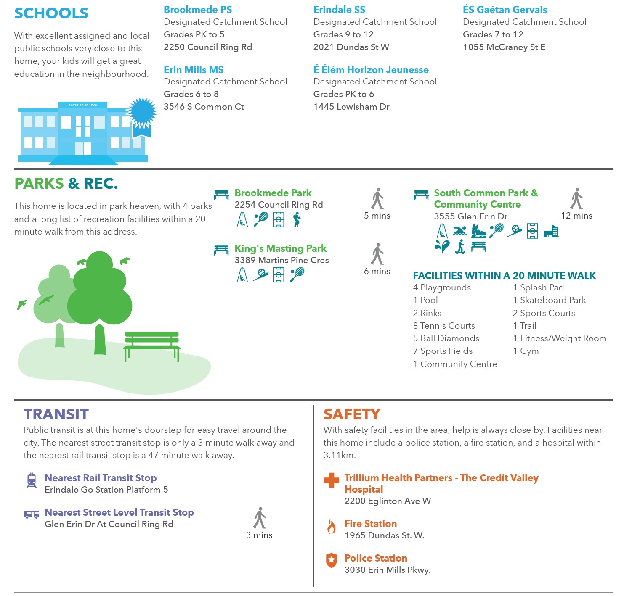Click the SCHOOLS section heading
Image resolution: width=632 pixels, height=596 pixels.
click(x=51, y=13)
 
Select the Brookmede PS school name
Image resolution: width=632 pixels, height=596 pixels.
click(x=198, y=10)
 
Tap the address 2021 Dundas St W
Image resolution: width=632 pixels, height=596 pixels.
click(x=351, y=47)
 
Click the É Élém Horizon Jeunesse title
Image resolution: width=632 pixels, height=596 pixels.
click(x=371, y=70)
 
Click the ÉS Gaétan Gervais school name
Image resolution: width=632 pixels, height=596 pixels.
click(x=505, y=10)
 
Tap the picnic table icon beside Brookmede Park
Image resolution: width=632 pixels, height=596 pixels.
click(x=221, y=194)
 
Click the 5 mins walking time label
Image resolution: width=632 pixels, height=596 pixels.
click(x=377, y=216)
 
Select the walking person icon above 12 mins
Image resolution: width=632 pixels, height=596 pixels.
click(x=576, y=199)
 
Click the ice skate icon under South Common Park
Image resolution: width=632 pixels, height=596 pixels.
click(x=478, y=231)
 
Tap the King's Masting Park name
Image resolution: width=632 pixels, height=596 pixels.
click(x=280, y=248)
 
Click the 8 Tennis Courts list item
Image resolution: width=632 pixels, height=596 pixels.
click(x=444, y=326)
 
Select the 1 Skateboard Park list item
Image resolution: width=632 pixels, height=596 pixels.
click(x=549, y=300)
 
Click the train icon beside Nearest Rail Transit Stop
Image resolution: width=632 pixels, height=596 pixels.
click(x=32, y=480)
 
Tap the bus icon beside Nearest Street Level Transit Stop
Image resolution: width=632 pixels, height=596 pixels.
click(x=32, y=514)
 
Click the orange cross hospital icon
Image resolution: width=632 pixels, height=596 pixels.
click(x=331, y=480)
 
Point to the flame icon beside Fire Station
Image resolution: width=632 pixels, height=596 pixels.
click(x=332, y=526)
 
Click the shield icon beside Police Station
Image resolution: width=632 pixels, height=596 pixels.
click(x=332, y=560)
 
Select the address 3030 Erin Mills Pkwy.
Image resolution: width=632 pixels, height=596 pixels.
click(x=387, y=570)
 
